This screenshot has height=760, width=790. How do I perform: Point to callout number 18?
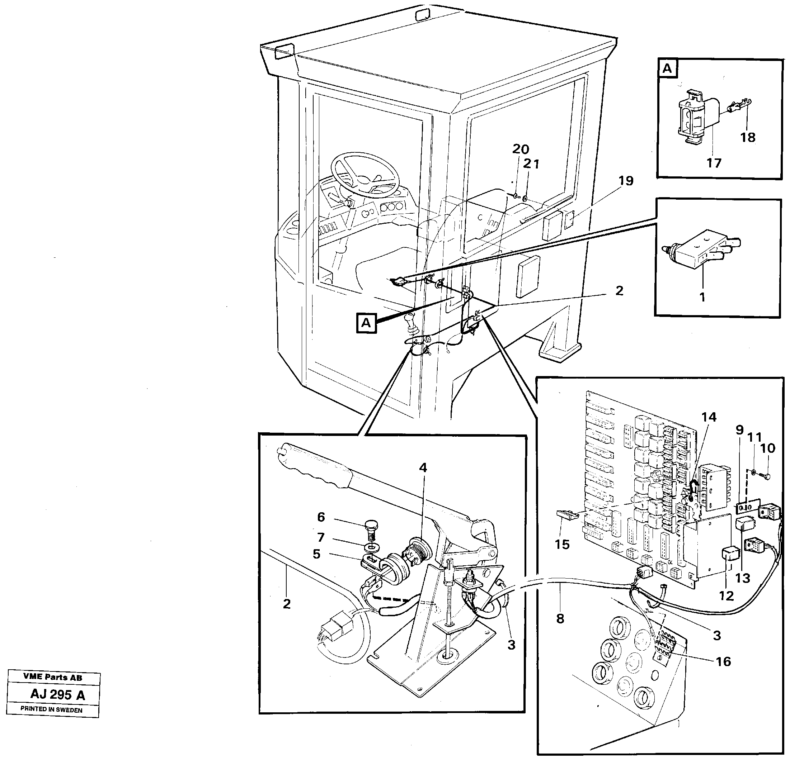click(747, 137)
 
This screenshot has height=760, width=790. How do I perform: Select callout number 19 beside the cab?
click(626, 181)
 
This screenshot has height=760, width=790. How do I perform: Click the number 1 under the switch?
click(702, 297)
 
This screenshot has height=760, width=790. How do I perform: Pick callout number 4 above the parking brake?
click(422, 467)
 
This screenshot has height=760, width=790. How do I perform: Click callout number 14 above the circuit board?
click(709, 417)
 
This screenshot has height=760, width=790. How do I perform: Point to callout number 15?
click(562, 545)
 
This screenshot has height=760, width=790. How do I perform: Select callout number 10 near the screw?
click(767, 448)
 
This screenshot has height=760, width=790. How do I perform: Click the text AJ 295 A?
click(58, 695)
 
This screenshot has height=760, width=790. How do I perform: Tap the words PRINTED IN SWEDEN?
click(51, 710)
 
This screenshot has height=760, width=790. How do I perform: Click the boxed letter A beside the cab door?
click(366, 323)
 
